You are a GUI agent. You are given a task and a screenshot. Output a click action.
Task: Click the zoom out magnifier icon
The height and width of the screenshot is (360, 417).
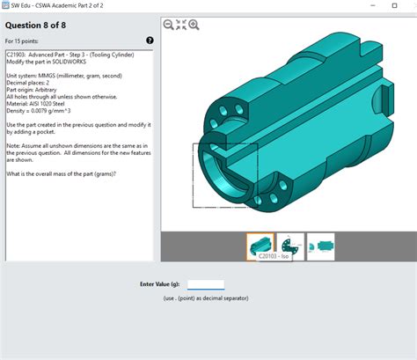pos(168,25)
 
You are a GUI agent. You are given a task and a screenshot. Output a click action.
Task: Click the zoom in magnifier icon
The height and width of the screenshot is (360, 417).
pos(194,25)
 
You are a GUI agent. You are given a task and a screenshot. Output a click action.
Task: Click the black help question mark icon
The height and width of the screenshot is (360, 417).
pos(150,40)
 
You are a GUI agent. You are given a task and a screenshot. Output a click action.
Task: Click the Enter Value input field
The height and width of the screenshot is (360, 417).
pos(206,285)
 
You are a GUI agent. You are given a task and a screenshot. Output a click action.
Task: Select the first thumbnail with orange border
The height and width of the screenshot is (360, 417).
pos(261,246)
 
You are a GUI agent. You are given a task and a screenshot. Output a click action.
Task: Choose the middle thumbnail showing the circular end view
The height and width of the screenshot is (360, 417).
pos(291,246)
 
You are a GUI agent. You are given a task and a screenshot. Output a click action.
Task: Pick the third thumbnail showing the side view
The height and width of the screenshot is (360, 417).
pos(320,246)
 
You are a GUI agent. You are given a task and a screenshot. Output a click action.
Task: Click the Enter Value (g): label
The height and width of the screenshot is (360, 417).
pos(161,285)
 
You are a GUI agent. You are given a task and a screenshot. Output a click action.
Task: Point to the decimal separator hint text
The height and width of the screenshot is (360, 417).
pos(206,299)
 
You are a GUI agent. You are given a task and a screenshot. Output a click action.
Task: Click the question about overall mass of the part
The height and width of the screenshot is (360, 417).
pos(62,173)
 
